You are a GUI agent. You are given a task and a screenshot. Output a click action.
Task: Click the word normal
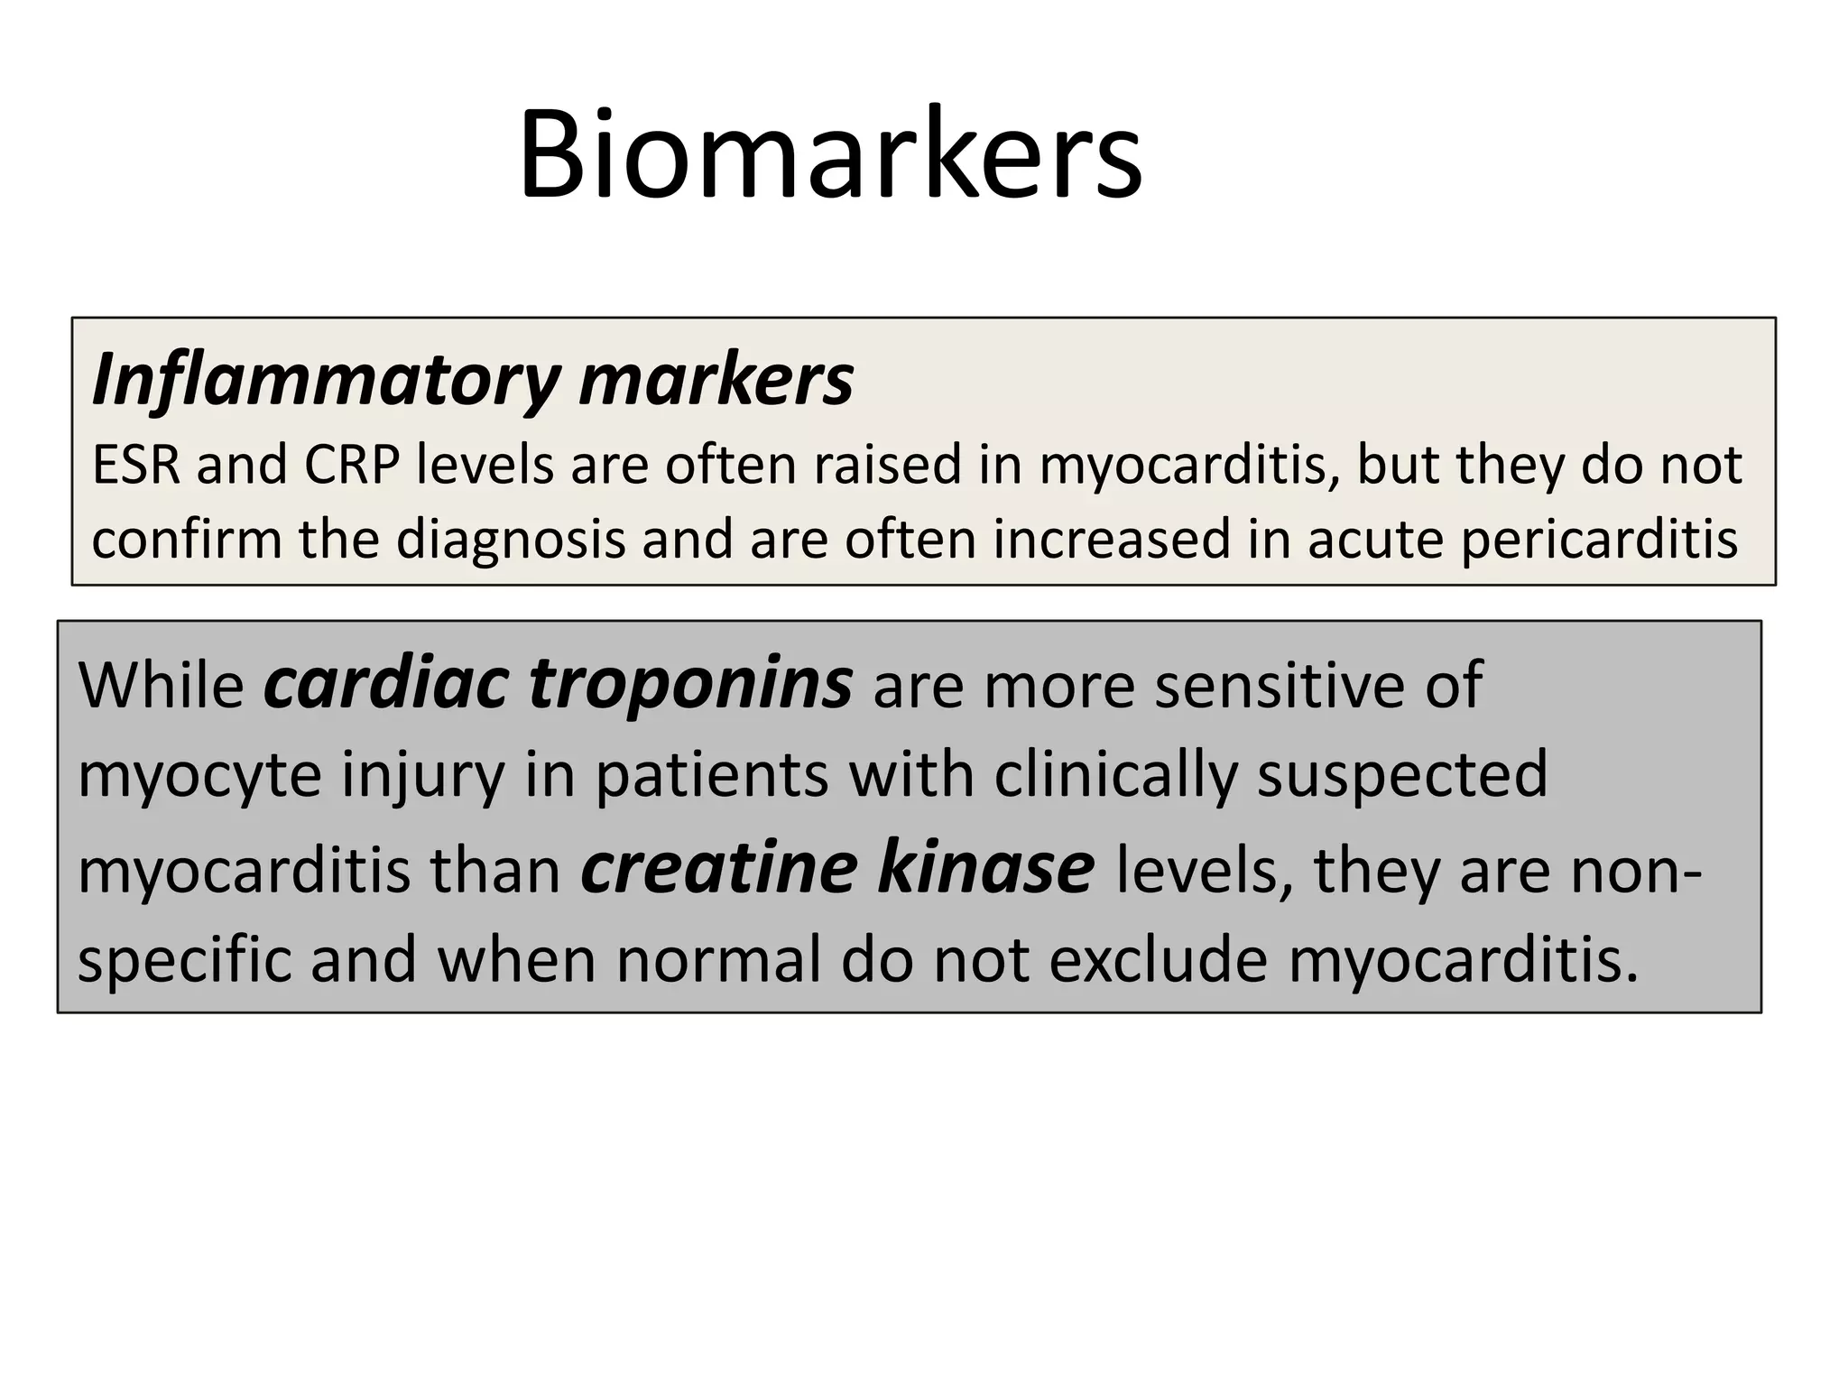[x=717, y=960]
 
